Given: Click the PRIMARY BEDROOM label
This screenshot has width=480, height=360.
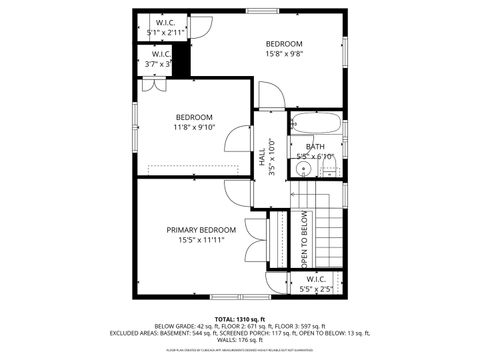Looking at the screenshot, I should (x=201, y=229).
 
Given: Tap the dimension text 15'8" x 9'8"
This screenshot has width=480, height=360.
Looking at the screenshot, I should (x=284, y=55).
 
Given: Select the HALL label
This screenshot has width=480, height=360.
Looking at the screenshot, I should (x=262, y=157).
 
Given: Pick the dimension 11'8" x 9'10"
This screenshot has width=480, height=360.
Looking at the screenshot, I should (x=195, y=127).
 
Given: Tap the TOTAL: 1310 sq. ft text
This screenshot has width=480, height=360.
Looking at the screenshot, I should (x=239, y=318).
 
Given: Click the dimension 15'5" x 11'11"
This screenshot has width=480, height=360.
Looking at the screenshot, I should (x=201, y=240).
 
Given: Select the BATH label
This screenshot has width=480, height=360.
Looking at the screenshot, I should (x=315, y=147).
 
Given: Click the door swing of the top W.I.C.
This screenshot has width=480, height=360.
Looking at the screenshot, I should (x=199, y=29).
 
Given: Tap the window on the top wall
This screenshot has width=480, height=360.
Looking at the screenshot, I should (x=262, y=11).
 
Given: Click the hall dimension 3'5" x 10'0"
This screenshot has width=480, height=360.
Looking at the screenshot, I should (x=272, y=157).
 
